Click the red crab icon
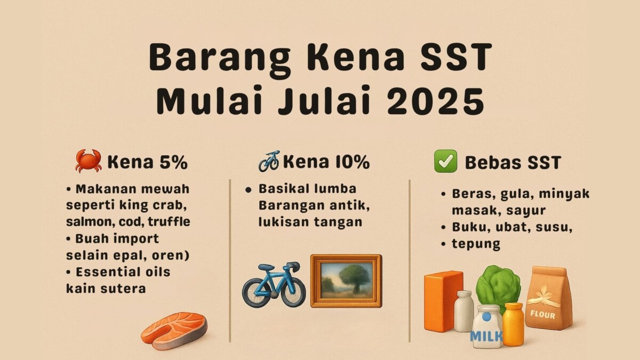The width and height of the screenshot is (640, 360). (x=88, y=161)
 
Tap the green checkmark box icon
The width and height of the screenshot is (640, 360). (x=445, y=161)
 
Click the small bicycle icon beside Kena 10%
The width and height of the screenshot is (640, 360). (x=269, y=161)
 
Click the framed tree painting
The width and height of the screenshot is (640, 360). (x=346, y=281)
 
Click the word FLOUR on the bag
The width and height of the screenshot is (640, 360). (x=543, y=315)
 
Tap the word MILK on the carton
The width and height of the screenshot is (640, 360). (x=486, y=335)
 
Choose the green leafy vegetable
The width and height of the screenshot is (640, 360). (x=498, y=288)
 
